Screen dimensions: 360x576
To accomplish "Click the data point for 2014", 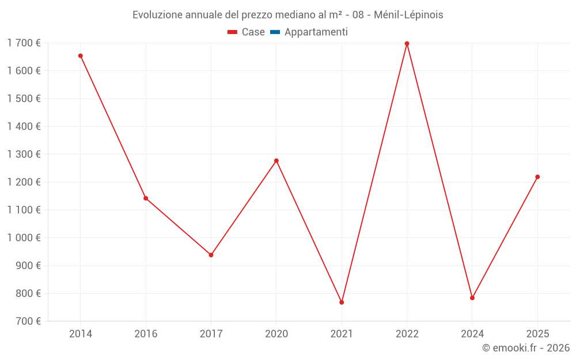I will tap(81, 56).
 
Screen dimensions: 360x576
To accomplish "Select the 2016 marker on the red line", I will tap(146, 198).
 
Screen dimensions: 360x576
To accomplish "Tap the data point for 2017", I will tap(211, 255).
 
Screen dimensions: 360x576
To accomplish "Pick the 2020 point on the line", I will tap(276, 161).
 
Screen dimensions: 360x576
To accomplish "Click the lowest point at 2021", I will tap(342, 302).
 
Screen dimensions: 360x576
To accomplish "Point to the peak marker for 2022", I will tap(407, 44).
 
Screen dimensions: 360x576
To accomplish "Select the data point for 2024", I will tap(472, 298).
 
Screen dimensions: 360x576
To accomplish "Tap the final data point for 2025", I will tap(537, 177).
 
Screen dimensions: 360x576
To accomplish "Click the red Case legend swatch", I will tap(233, 32).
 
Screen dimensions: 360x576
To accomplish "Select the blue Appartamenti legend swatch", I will tap(275, 32).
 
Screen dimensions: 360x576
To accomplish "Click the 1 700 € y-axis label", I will tap(24, 43).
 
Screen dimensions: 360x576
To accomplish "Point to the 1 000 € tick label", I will tap(24, 238).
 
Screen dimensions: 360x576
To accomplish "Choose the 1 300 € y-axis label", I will tap(24, 154).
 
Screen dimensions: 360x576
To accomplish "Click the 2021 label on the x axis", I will tap(342, 334).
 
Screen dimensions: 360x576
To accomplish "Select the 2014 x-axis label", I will tap(81, 334).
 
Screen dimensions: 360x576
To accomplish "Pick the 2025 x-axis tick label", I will tap(537, 334).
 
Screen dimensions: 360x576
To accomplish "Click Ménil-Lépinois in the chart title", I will tap(408, 15).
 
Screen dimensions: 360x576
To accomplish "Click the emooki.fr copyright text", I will tap(526, 348).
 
